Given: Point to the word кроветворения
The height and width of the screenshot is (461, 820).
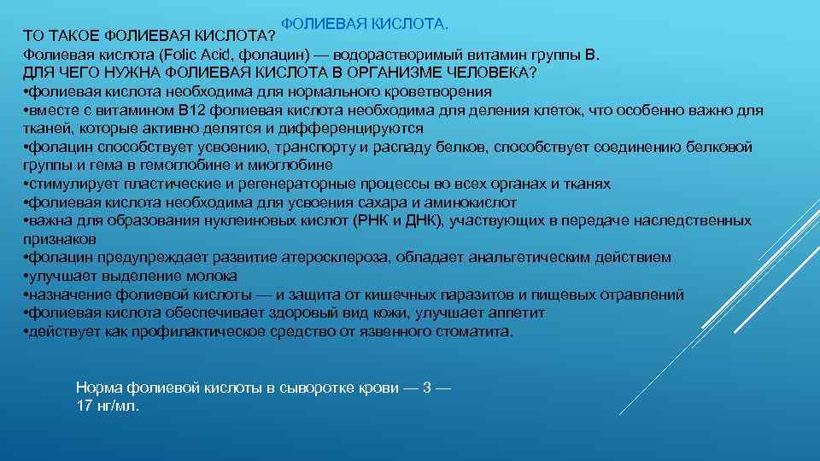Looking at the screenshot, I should click(x=443, y=92).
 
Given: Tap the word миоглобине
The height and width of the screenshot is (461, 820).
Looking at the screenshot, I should click(x=294, y=165).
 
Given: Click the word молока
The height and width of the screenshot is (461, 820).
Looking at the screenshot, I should click(x=214, y=276).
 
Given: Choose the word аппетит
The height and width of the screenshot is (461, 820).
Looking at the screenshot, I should click(x=515, y=312).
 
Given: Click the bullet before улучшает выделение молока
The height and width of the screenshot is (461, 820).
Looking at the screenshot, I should click(x=26, y=277).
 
